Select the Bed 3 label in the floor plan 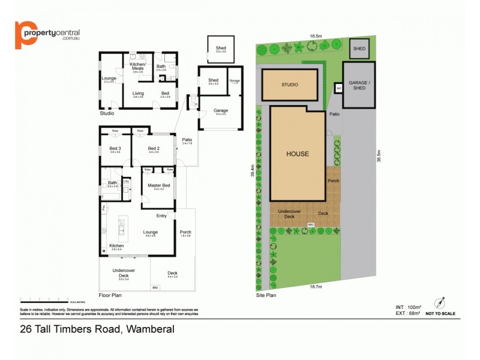(115, 148)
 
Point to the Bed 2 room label (154, 148)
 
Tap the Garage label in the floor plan (221, 110)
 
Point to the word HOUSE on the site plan (297, 154)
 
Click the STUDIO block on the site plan (289, 85)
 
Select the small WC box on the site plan (338, 89)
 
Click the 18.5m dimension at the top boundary (316, 36)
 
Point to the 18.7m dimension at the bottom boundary (316, 287)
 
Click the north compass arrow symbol (444, 302)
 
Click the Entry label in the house (161, 216)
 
